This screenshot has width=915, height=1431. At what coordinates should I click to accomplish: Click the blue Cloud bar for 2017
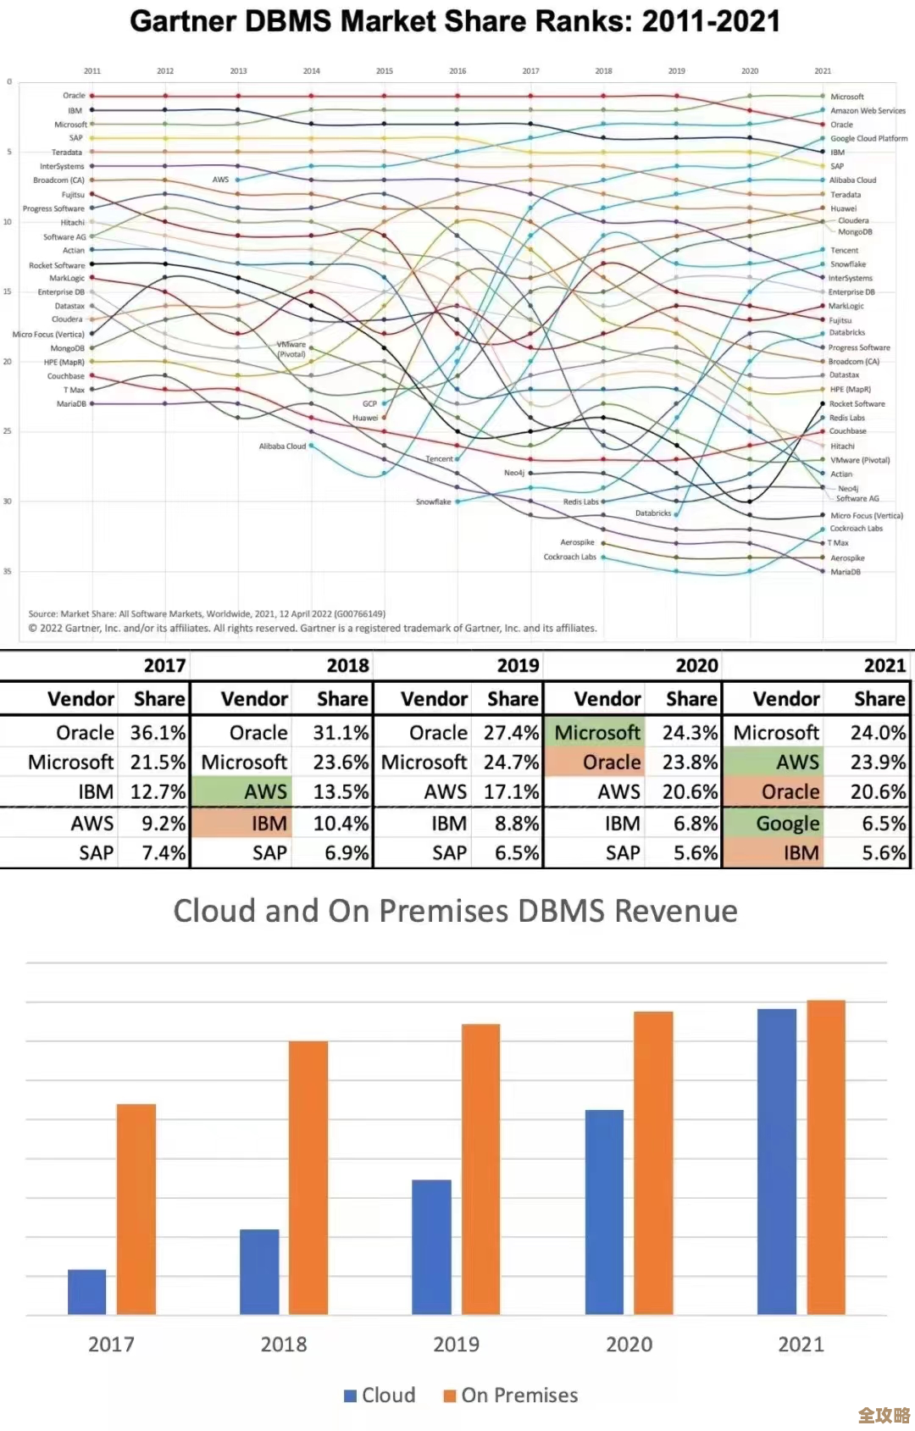pyautogui.click(x=87, y=1292)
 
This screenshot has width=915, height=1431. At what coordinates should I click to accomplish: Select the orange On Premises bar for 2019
pyautogui.click(x=480, y=1169)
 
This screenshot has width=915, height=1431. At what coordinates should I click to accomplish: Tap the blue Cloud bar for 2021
pyautogui.click(x=776, y=1162)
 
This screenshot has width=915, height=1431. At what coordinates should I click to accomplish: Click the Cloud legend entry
pyautogui.click(x=380, y=1395)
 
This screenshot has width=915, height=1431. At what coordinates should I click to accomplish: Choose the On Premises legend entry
pyautogui.click(x=511, y=1395)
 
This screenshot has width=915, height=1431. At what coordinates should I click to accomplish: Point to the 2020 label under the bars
pyautogui.click(x=629, y=1345)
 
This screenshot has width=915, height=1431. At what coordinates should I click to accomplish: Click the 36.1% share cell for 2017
pyautogui.click(x=158, y=732)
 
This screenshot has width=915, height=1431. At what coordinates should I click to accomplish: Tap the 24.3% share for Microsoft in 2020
pyautogui.click(x=690, y=732)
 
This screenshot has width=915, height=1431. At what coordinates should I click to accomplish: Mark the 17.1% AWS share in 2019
pyautogui.click(x=511, y=791)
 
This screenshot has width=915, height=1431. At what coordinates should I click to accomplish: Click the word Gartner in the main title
pyautogui.click(x=183, y=21)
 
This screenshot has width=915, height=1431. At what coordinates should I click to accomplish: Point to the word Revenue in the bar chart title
pyautogui.click(x=675, y=911)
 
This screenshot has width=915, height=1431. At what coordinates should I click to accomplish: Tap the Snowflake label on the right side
pyautogui.click(x=848, y=264)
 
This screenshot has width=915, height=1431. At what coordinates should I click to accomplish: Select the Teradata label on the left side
pyautogui.click(x=67, y=153)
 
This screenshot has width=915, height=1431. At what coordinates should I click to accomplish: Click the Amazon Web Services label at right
pyautogui.click(x=868, y=111)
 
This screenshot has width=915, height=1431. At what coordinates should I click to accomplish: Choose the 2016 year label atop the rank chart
pyautogui.click(x=457, y=71)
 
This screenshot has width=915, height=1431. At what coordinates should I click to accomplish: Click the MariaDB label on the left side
pyautogui.click(x=71, y=404)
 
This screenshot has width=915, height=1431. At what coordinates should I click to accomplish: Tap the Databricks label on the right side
pyautogui.click(x=847, y=333)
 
